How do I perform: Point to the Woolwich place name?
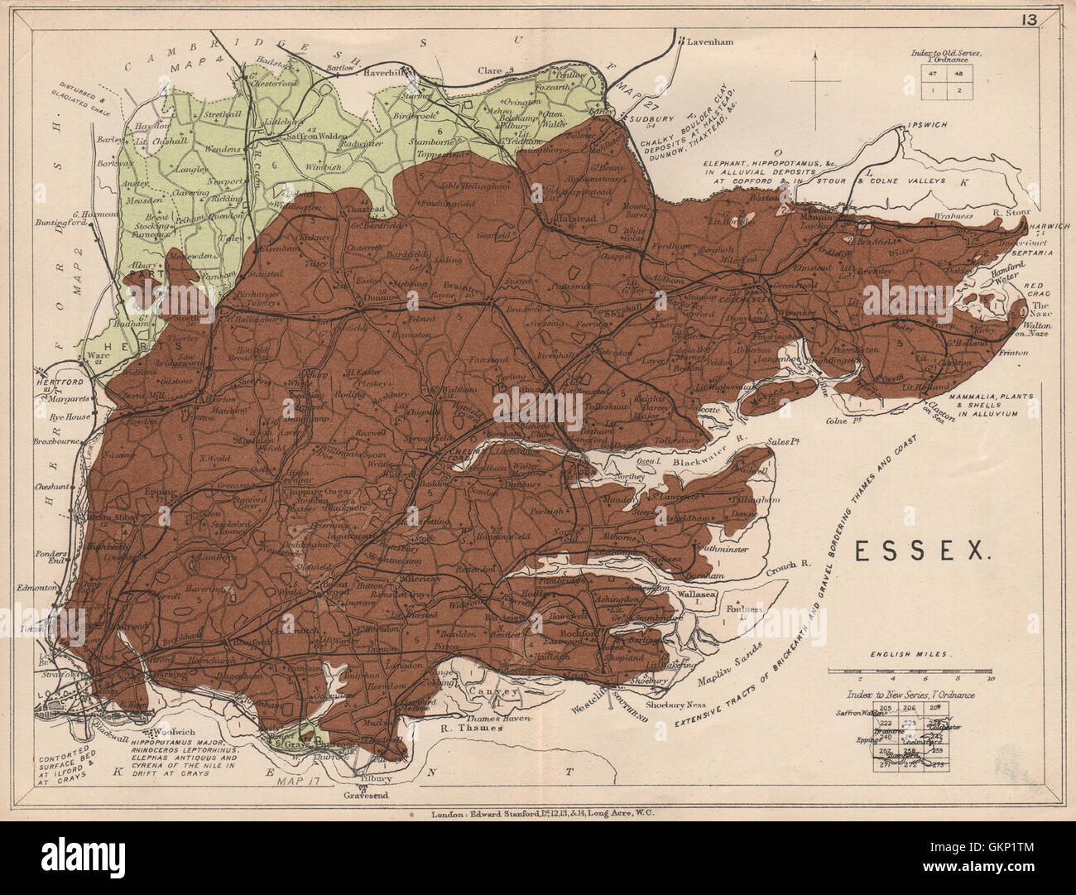(x=169, y=733)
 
